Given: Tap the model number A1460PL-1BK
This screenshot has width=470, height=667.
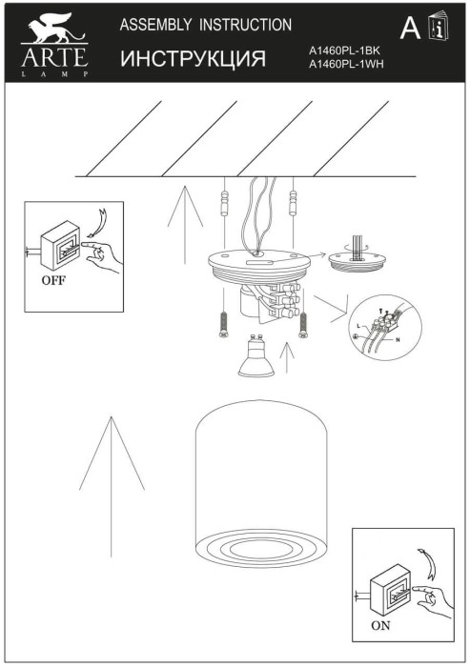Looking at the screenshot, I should click(x=345, y=53).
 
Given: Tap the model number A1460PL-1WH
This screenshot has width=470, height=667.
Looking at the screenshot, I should click(x=345, y=65).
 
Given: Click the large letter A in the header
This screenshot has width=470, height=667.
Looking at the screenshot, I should click(x=410, y=30).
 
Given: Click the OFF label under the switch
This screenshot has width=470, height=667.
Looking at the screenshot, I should click(x=54, y=283).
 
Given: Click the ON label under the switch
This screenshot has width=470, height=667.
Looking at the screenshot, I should click(x=379, y=627).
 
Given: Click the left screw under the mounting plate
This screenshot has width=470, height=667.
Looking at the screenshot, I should click(x=221, y=326).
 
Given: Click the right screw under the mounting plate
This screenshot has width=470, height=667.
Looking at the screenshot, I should click(x=303, y=324).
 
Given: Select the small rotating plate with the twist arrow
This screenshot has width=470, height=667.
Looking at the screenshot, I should click(x=356, y=261).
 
